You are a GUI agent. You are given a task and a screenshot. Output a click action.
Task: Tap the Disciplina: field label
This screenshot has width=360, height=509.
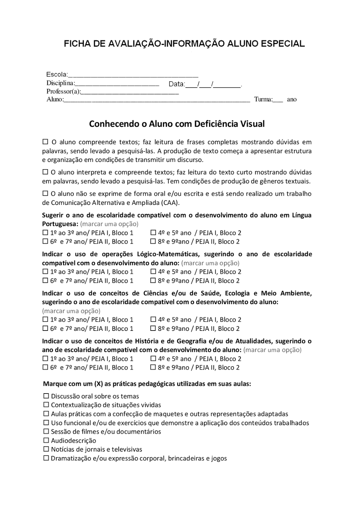tap(60, 83)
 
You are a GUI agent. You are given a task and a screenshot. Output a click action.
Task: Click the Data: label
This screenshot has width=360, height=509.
tap(176, 84)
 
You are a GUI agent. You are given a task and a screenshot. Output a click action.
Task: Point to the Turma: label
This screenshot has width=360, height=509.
tap(263, 99)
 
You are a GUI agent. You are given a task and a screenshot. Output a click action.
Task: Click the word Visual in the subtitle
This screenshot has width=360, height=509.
tap(252, 124)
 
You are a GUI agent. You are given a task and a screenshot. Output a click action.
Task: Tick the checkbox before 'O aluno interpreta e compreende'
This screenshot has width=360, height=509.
tap(45, 172)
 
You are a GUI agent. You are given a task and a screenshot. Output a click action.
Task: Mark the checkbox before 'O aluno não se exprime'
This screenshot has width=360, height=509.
tap(45, 193)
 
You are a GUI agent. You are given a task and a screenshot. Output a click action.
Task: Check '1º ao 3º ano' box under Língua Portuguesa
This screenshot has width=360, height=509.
tap(45, 232)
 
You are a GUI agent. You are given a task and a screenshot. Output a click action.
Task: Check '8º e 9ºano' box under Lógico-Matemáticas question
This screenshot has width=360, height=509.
tap(153, 280)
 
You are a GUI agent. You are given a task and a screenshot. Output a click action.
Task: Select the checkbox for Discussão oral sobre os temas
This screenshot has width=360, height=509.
tap(46, 396)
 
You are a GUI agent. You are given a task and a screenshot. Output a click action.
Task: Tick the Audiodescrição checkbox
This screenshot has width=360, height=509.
tap(46, 440)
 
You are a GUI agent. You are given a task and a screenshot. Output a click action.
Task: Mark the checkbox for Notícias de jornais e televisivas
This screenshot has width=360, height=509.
tap(46, 449)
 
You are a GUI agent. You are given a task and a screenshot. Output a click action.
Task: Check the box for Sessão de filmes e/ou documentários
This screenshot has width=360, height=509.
tap(46, 431)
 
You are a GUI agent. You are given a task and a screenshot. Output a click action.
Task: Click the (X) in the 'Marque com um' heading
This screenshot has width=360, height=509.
tap(98, 384)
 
